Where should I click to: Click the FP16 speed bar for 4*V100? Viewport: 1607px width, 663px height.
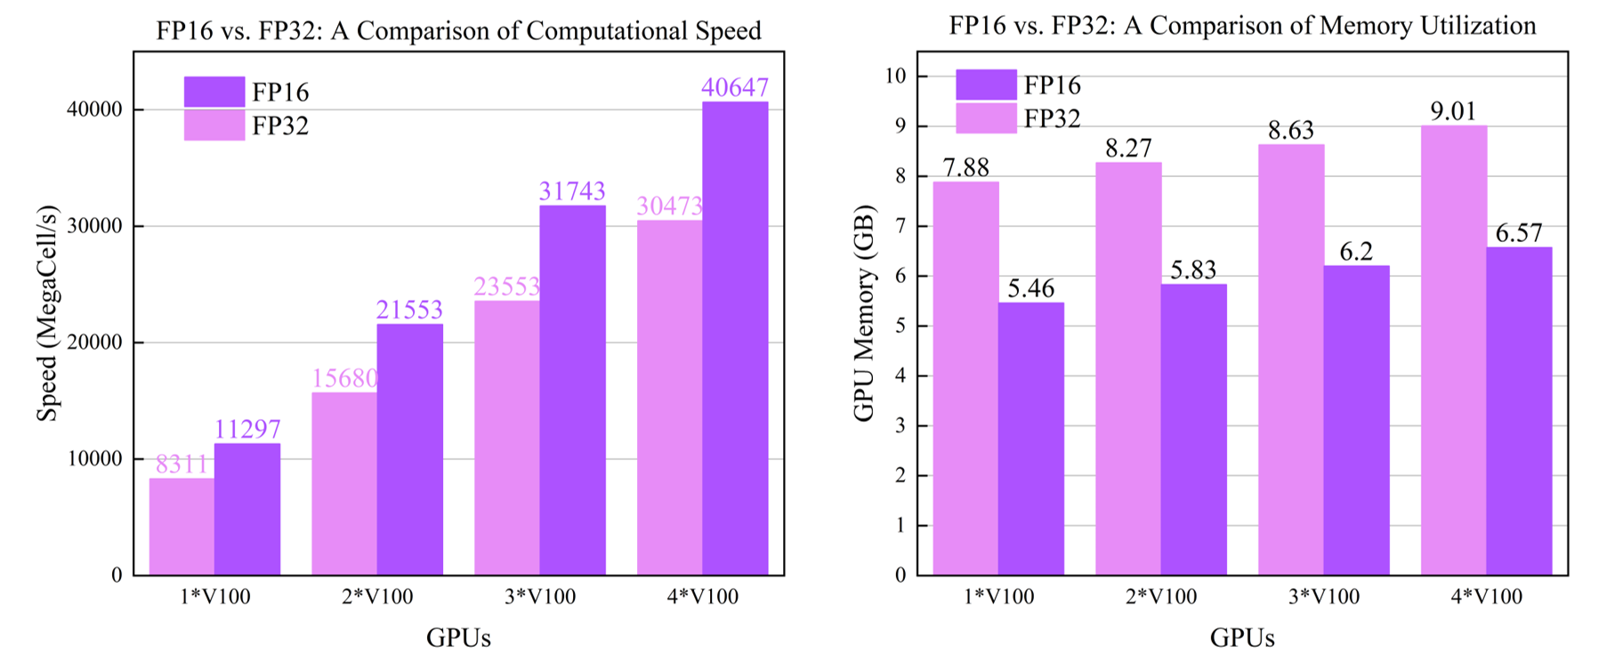735,338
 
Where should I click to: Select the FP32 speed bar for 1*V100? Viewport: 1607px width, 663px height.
182,526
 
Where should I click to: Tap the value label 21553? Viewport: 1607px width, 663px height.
409,310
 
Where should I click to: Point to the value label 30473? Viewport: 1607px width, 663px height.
669,206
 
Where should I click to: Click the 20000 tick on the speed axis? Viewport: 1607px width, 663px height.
93,343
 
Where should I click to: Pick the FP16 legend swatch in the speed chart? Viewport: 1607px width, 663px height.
214,92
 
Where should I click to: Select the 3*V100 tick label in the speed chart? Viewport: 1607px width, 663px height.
540,596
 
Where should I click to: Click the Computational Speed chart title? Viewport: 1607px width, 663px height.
458,30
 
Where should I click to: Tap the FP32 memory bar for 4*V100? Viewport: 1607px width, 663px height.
1453,350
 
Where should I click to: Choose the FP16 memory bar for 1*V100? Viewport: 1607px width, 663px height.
1030,439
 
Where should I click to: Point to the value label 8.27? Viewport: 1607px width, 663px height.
1128,148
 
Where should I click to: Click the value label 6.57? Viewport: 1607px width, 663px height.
1519,233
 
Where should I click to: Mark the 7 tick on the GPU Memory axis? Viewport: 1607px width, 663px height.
900,226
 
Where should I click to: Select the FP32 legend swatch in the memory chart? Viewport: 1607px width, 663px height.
986,118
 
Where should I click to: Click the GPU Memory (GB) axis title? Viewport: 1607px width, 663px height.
864,313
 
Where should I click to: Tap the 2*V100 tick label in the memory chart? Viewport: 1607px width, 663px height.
1161,596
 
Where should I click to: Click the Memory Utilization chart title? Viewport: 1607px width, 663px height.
1242,25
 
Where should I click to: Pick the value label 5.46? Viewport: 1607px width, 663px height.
1030,288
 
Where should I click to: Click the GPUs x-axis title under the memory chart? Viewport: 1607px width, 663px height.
1242,637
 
